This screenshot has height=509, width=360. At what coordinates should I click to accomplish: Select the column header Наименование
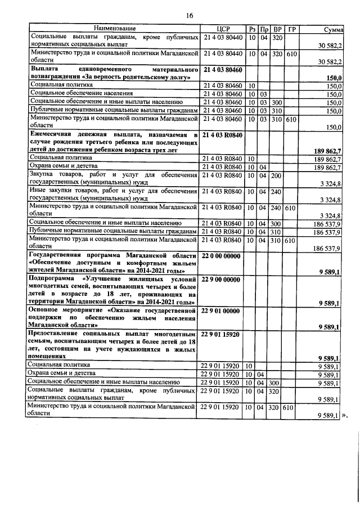coord(115,29)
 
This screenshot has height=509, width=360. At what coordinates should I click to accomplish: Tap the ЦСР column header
coord(220,29)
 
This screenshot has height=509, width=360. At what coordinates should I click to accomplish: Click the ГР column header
coord(291,29)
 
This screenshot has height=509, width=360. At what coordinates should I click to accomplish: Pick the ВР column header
coord(277,29)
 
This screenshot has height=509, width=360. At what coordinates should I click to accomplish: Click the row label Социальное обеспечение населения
coord(82,93)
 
